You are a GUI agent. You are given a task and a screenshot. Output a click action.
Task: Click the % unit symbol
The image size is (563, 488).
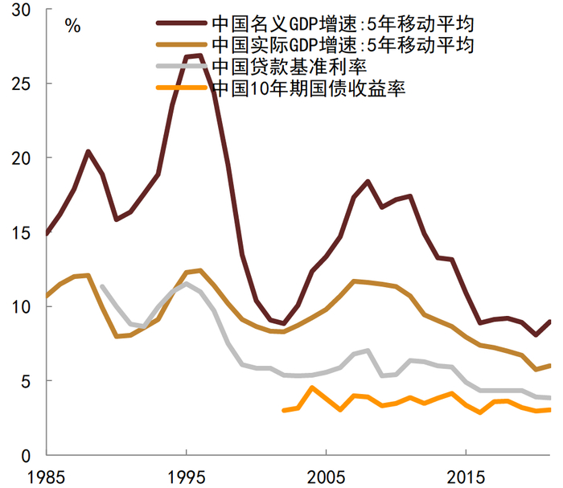point(72,26)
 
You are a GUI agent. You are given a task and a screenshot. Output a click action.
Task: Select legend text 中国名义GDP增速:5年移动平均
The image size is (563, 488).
point(342,23)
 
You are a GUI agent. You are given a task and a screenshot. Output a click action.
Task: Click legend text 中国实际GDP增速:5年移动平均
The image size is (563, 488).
point(342,45)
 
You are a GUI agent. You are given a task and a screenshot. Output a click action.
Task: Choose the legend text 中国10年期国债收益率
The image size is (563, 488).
point(309,88)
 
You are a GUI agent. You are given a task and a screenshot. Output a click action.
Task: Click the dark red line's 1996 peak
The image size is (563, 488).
point(199,55)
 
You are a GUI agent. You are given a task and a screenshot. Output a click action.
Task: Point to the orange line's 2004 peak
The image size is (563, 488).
point(312,388)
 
